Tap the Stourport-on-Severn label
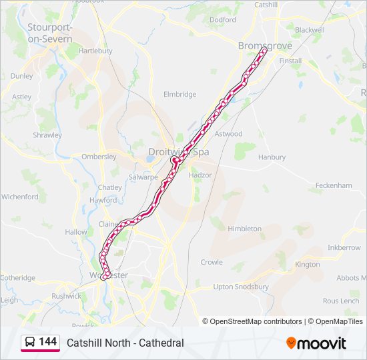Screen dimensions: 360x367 click(x=49, y=33)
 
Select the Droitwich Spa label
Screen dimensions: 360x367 click(x=179, y=152)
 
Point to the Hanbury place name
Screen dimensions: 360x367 click(x=272, y=157)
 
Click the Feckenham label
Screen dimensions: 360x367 click(x=333, y=185)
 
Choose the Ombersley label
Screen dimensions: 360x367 click(x=99, y=157)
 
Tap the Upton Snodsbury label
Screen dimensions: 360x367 click(x=241, y=287)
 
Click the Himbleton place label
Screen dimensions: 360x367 click(x=244, y=229)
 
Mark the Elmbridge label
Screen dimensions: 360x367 click(x=179, y=95)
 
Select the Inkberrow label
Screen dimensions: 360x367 click(x=344, y=247)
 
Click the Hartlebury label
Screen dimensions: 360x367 click(x=95, y=51)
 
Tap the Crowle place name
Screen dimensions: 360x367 click(x=212, y=262)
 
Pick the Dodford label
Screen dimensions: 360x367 click(x=223, y=20)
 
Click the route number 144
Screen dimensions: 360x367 click(x=48, y=342)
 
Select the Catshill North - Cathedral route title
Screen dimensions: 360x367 click(x=125, y=343)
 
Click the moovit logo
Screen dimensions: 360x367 click(x=316, y=343)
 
